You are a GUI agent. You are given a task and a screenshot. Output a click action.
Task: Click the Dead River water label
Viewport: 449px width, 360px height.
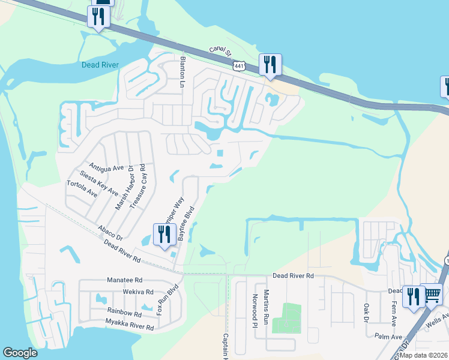[101, 65]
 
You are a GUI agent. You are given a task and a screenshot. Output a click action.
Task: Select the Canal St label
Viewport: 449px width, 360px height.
[220, 52]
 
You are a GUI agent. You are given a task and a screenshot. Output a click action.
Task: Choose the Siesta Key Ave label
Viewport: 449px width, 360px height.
[98, 184]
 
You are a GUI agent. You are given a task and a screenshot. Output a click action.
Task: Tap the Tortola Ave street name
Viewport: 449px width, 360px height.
[82, 189]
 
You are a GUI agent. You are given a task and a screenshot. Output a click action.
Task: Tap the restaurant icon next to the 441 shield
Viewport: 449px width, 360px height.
[270, 64]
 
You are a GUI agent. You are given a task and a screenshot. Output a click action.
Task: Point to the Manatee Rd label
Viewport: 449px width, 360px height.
[125, 280]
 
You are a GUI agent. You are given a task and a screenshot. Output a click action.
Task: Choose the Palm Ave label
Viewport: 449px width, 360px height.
[388, 337]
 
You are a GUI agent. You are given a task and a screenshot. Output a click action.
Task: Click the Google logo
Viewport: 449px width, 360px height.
[20, 353]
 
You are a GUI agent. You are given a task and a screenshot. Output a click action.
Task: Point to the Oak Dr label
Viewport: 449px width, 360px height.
[366, 312]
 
